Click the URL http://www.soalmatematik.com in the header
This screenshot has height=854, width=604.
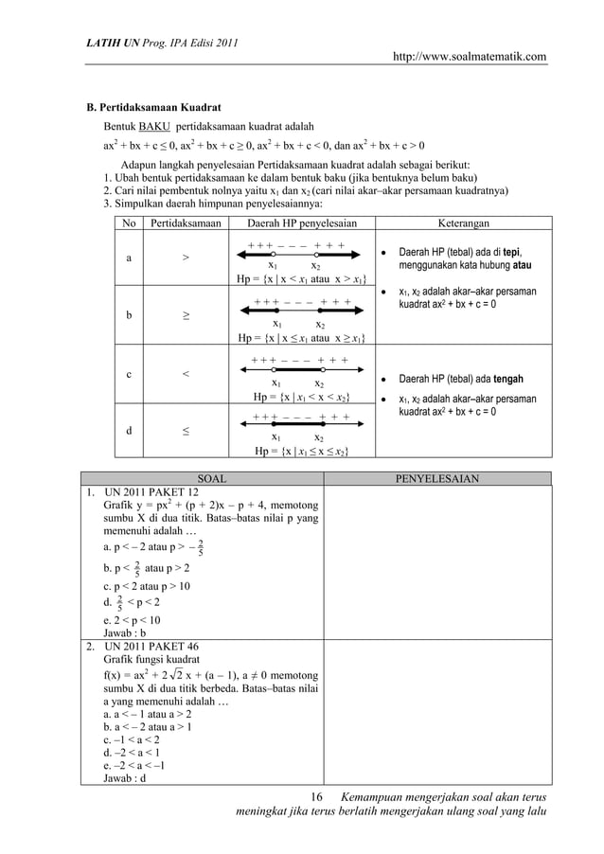470,58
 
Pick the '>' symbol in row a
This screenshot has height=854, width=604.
185,258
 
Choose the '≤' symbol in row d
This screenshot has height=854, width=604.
185,430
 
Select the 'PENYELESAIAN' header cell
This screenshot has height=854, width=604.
436,478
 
